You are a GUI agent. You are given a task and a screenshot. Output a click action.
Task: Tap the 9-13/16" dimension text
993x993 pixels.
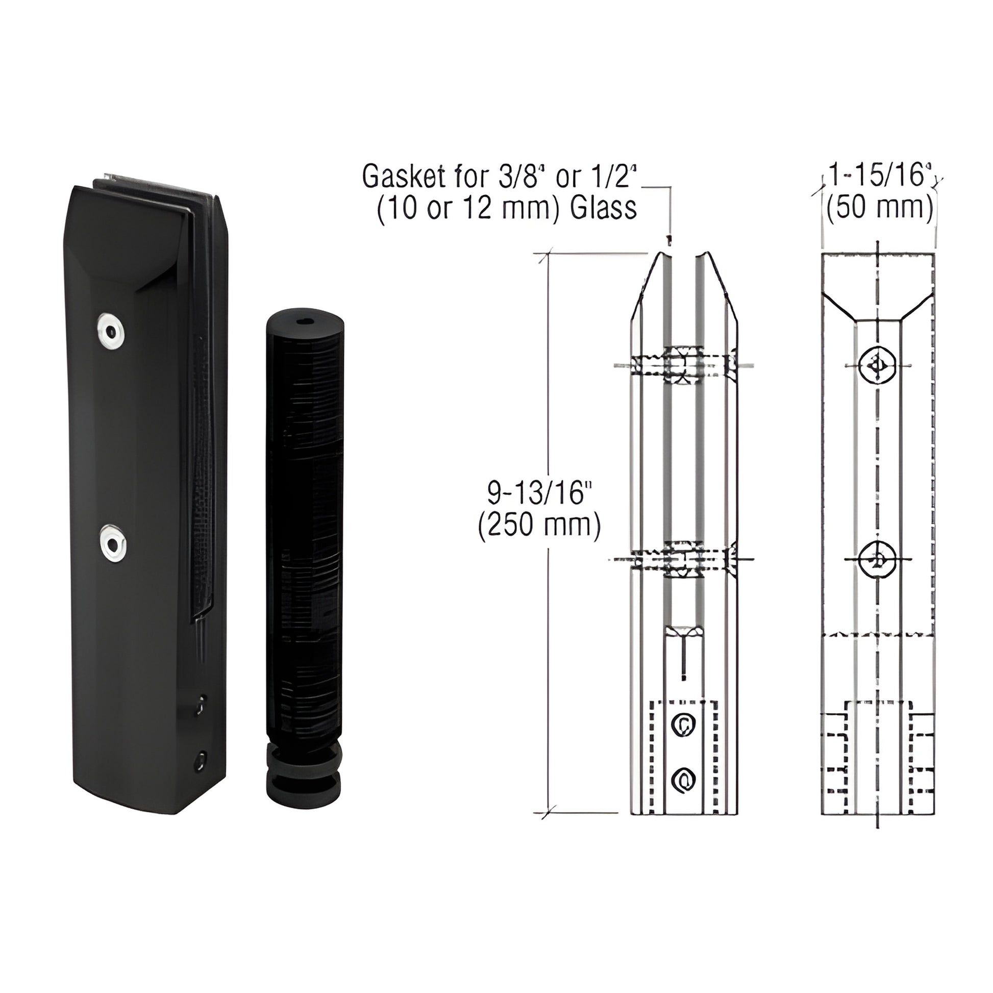[537, 494]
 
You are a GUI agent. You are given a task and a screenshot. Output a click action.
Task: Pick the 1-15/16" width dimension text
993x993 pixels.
[878, 176]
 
